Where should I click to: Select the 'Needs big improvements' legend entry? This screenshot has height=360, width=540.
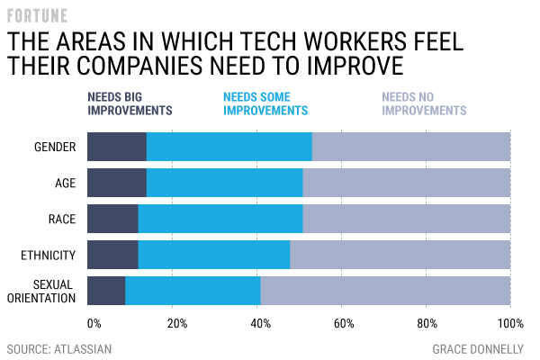tap(129, 103)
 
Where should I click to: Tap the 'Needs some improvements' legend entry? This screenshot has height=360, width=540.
tap(265, 103)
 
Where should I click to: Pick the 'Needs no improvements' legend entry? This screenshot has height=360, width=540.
tap(424, 103)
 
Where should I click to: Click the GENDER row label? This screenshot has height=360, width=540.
tap(54, 147)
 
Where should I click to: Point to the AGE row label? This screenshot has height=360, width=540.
tap(65, 183)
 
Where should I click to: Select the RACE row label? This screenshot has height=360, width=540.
tap(61, 219)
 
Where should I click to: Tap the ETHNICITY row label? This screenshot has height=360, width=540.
tap(48, 255)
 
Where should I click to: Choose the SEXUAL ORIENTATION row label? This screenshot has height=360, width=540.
tap(44, 291)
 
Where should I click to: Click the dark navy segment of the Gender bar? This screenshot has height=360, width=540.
tap(117, 147)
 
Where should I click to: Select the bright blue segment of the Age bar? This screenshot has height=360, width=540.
tap(224, 183)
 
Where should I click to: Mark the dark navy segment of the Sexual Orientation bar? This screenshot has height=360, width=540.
tap(106, 291)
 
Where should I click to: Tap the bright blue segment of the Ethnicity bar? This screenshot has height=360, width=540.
tap(214, 255)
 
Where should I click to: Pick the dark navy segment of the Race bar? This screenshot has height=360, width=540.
tap(112, 219)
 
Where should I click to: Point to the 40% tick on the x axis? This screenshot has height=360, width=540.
tap(257, 322)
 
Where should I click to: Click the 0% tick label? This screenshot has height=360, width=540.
tap(94, 322)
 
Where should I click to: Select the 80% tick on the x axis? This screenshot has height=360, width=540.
tap(427, 322)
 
